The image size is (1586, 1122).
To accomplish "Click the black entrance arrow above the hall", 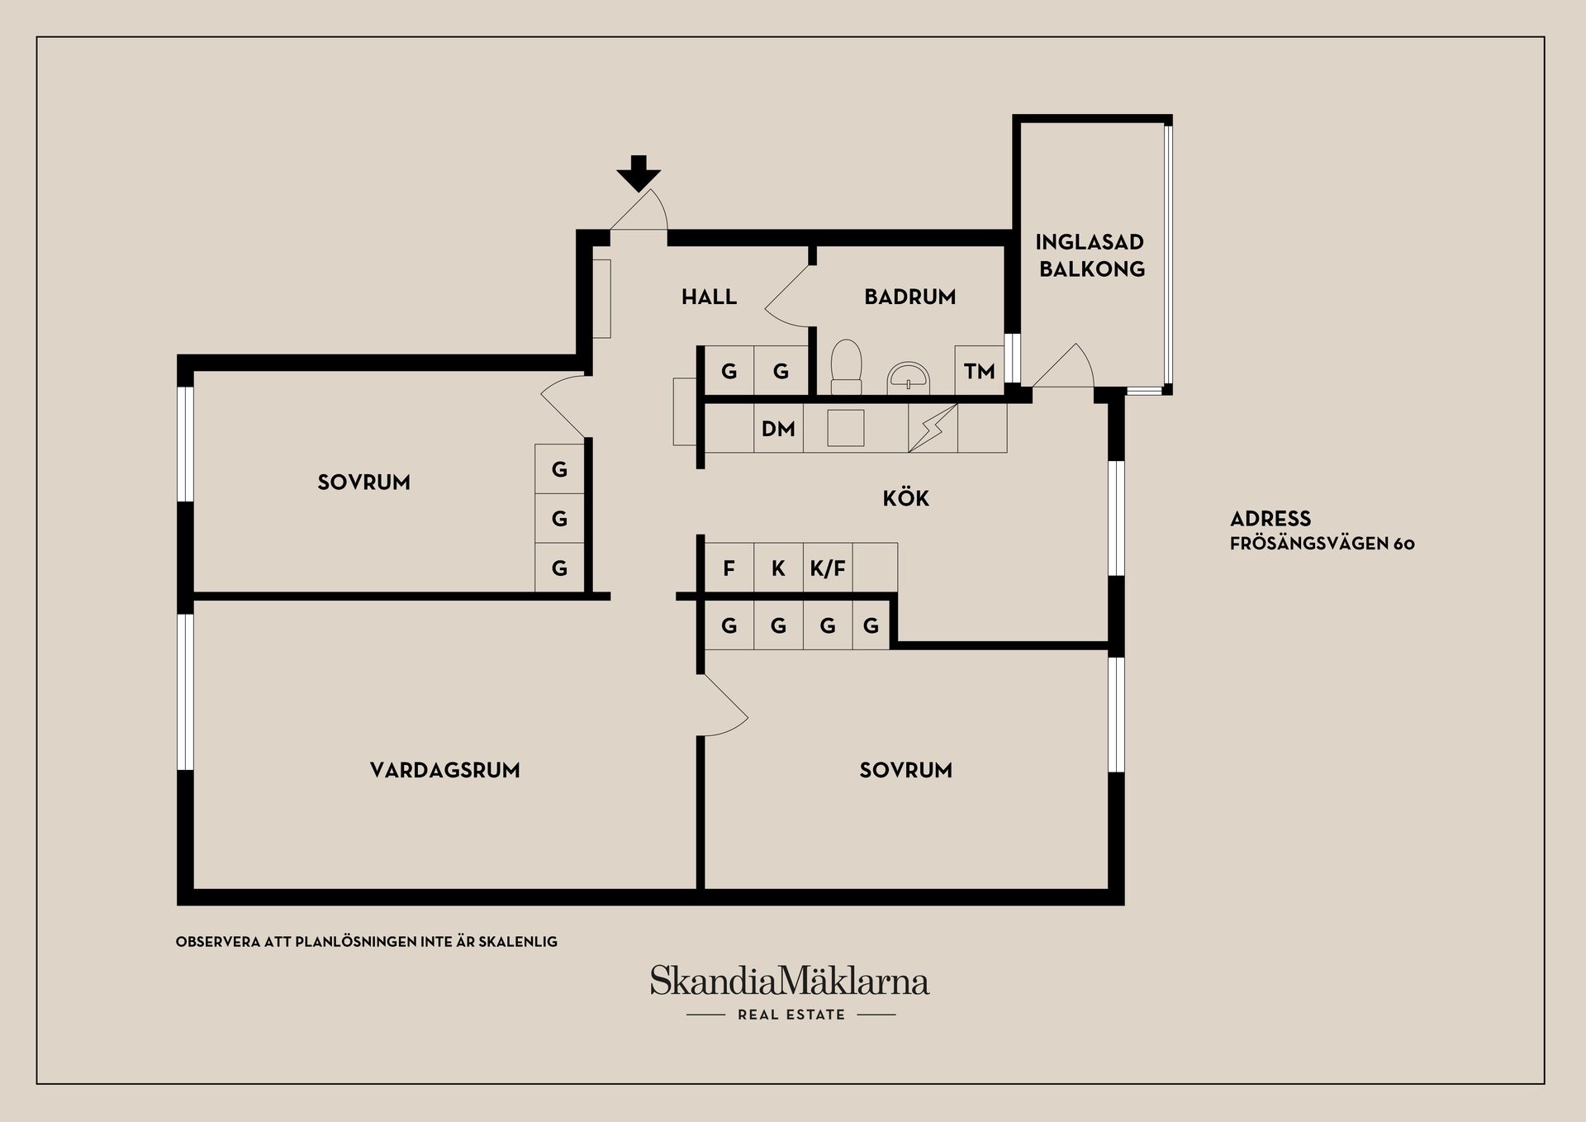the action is pyautogui.click(x=639, y=173).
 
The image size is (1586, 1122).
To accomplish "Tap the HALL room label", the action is pyautogui.click(x=709, y=297).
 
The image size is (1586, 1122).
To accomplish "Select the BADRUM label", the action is pyautogui.click(x=909, y=297).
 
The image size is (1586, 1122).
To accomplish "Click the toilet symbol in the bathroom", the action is pyautogui.click(x=846, y=367).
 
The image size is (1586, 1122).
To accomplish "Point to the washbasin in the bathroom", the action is pyautogui.click(x=909, y=378).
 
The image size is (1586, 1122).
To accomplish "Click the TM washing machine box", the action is pyautogui.click(x=980, y=370).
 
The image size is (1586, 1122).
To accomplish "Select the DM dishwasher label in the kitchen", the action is pyautogui.click(x=778, y=429).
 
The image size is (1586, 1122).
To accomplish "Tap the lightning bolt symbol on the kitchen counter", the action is pyautogui.click(x=933, y=428).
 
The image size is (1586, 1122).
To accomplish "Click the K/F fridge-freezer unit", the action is pyautogui.click(x=828, y=568).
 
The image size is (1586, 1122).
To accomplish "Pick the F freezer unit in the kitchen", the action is pyautogui.click(x=729, y=568).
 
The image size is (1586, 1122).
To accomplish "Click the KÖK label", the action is pyautogui.click(x=906, y=498).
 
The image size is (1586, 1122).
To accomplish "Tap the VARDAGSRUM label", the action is pyautogui.click(x=444, y=770).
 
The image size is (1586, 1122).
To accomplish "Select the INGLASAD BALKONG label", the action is pyautogui.click(x=1090, y=255).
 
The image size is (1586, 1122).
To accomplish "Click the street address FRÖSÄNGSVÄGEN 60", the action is pyautogui.click(x=1322, y=544).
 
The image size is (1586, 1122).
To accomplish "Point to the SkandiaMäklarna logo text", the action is pyautogui.click(x=790, y=981).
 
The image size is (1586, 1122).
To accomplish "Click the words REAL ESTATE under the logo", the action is pyautogui.click(x=791, y=1015).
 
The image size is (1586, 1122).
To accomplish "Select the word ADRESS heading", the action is pyautogui.click(x=1270, y=519).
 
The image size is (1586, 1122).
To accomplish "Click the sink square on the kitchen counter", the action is pyautogui.click(x=845, y=428).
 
